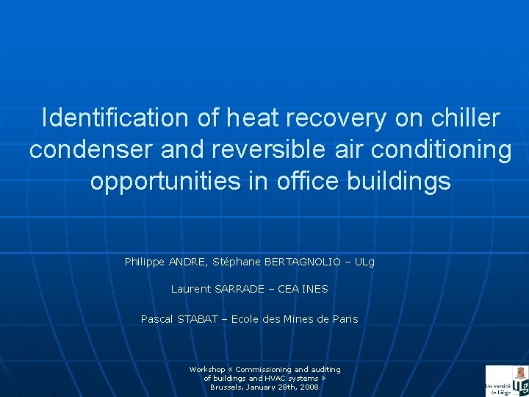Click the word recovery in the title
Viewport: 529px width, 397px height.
tap(334, 118)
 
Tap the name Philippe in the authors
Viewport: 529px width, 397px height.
tap(145, 262)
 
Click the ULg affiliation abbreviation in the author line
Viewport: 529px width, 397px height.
tap(364, 262)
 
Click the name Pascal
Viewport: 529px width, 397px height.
tap(157, 319)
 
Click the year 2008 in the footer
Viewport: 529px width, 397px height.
tap(309, 387)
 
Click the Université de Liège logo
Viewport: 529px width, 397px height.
tap(506, 381)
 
